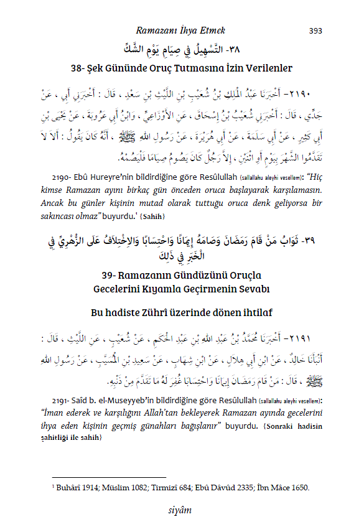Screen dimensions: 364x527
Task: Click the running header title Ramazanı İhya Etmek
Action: click(180, 30)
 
